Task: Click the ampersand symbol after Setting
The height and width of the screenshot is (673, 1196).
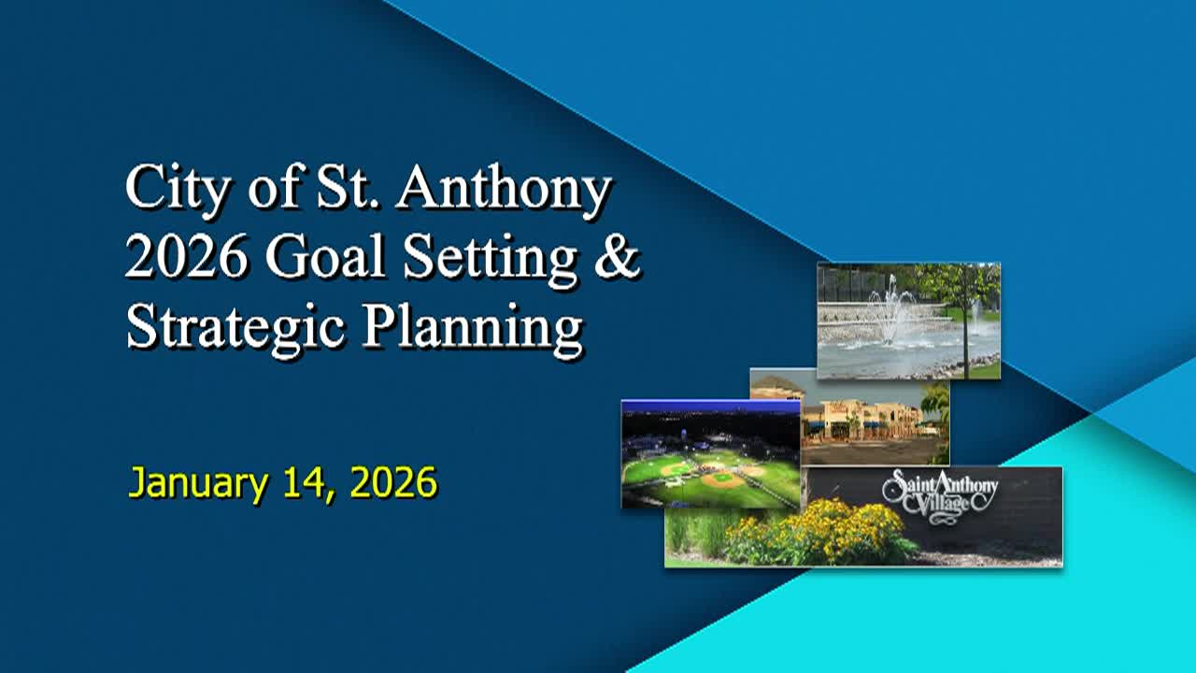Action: pos(618,258)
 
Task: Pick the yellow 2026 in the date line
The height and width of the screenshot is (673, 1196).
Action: pos(393,483)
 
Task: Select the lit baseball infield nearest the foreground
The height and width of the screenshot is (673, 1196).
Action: pos(721,480)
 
